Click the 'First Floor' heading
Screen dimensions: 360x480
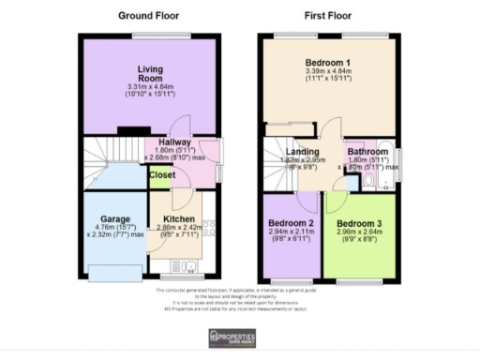coord(328,16)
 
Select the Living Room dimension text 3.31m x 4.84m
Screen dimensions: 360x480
coord(151,88)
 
